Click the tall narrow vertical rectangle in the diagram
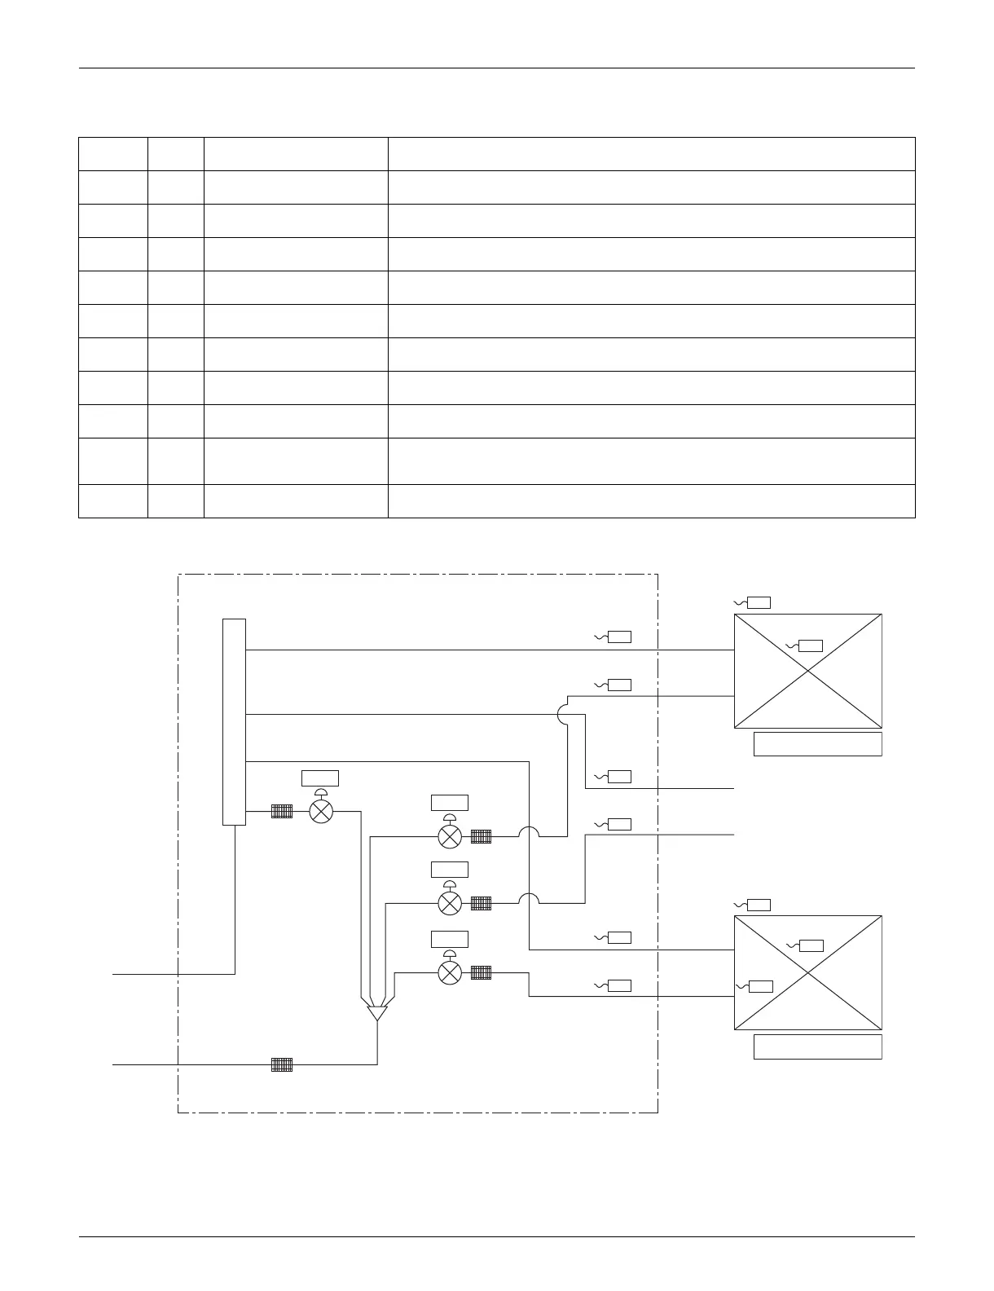[234, 721]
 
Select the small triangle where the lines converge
[377, 1013]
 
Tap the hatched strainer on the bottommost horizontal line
[281, 1064]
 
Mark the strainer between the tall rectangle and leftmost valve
[281, 811]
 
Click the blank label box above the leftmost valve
[320, 777]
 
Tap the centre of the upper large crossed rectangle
[808, 671]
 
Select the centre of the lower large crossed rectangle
[808, 972]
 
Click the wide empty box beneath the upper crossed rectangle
[817, 744]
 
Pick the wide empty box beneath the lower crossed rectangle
[817, 1046]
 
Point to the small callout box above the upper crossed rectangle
[759, 602]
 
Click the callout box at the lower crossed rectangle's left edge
[760, 986]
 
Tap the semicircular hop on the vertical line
[565, 715]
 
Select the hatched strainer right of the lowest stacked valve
[481, 972]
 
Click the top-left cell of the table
[113, 154]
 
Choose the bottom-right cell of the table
[651, 501]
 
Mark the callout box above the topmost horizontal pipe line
[619, 637]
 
